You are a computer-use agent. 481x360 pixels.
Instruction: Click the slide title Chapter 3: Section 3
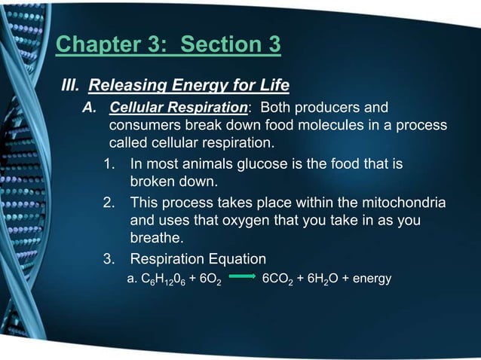(x=168, y=44)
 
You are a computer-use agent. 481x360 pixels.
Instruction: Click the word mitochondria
(x=403, y=203)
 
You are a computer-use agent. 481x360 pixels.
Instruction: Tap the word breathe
(x=156, y=239)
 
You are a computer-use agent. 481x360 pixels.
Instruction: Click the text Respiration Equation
(x=198, y=259)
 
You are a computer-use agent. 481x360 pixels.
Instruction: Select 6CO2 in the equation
(x=280, y=280)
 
